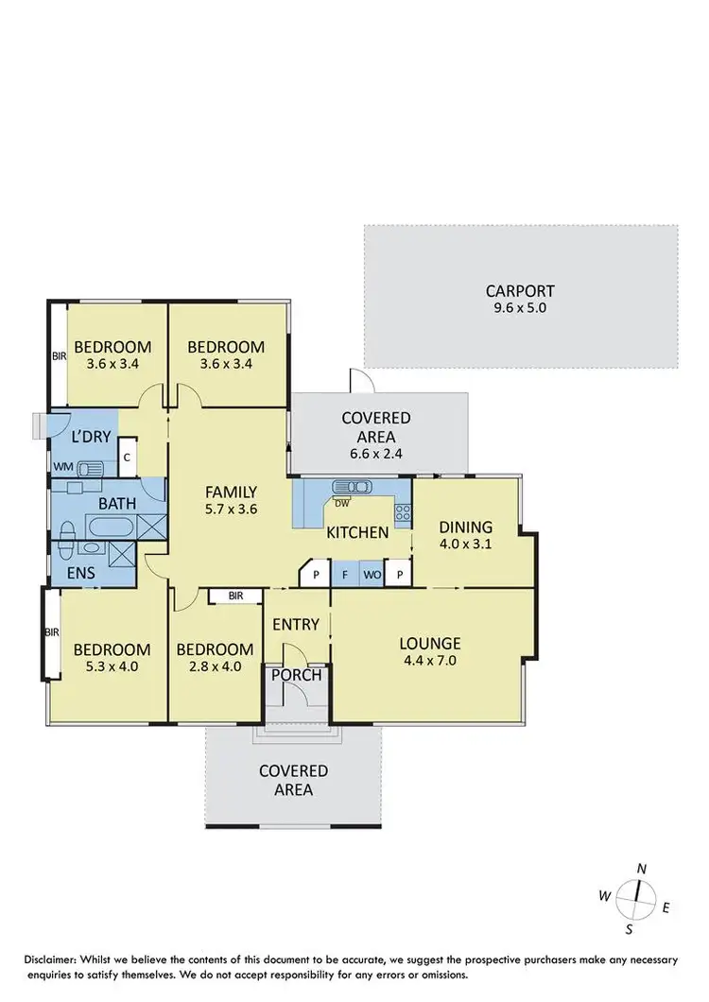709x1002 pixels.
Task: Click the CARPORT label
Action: coord(520,291)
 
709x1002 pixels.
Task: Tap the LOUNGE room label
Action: coord(429,644)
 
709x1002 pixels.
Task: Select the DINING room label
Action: coord(465,527)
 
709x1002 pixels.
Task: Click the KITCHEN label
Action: coord(357,533)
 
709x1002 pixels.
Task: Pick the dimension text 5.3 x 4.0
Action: coord(112,666)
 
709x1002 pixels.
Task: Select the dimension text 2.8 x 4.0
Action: coord(215,666)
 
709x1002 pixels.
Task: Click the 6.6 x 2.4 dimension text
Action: coord(376,452)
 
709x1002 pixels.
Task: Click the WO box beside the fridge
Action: coord(372,574)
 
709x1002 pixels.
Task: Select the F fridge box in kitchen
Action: coord(345,574)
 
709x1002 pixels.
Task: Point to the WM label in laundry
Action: coord(62,466)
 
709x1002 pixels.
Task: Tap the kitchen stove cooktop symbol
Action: coord(402,513)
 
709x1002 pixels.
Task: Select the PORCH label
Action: coord(297,675)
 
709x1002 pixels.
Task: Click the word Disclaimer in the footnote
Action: coord(56,958)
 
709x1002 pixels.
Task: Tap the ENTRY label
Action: coord(297,625)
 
